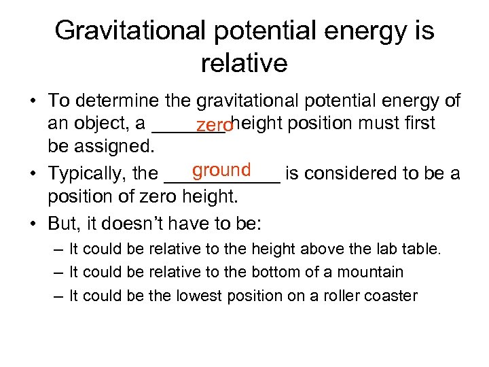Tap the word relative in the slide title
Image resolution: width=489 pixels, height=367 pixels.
[244, 63]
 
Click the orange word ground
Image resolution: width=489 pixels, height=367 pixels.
[221, 169]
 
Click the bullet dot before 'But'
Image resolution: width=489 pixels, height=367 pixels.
[33, 223]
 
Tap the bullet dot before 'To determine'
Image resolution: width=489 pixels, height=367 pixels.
[33, 101]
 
